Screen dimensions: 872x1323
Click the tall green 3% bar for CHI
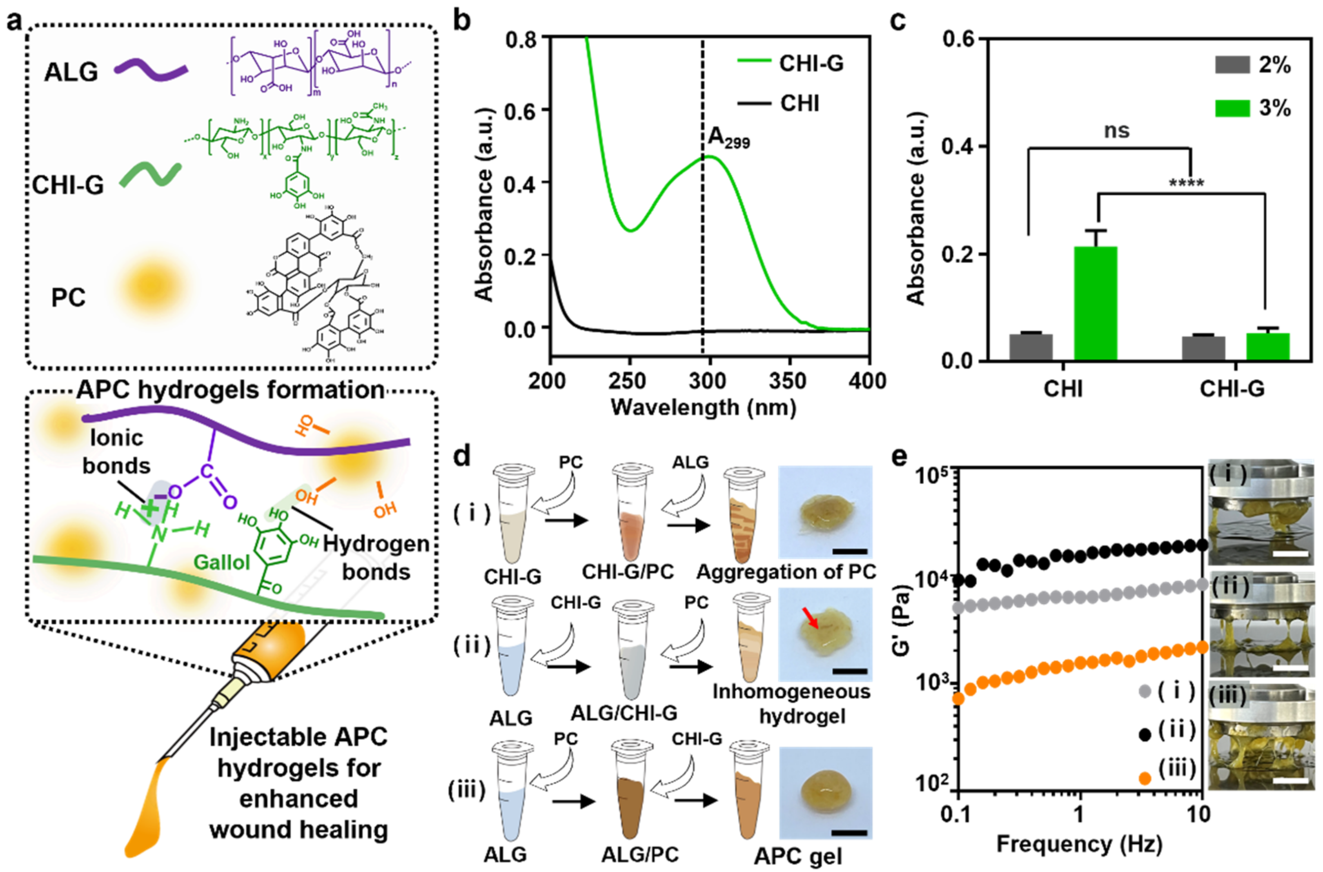point(1096,303)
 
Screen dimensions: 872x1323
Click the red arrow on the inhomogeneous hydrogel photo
point(810,619)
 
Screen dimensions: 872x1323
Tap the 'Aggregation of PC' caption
point(786,572)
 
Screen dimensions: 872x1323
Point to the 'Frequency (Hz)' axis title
point(1079,844)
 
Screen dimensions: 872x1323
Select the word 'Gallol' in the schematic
point(221,563)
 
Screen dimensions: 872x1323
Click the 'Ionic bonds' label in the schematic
point(116,452)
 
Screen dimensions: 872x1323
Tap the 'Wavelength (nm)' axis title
point(704,408)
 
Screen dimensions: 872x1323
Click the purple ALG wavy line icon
point(151,71)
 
